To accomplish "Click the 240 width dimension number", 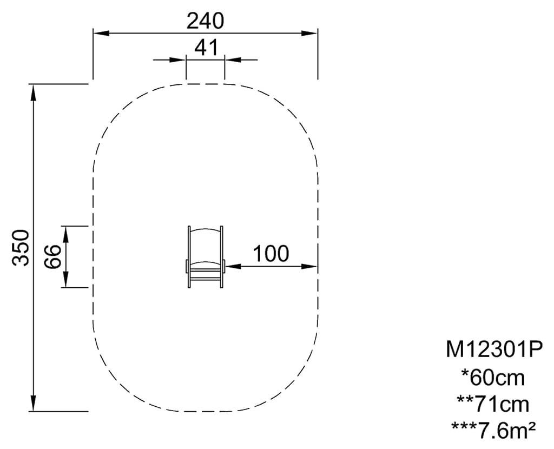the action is click(x=205, y=21).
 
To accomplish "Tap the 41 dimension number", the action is click(x=206, y=48).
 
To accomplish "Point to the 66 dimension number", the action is click(x=54, y=256).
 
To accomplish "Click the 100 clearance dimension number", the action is click(x=271, y=253).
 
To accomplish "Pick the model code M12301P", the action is click(x=493, y=349).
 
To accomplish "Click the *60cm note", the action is click(x=493, y=377).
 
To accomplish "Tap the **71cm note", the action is click(x=493, y=404).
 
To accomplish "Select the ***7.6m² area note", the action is click(x=493, y=430).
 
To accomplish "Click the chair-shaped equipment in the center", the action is click(x=205, y=257).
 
